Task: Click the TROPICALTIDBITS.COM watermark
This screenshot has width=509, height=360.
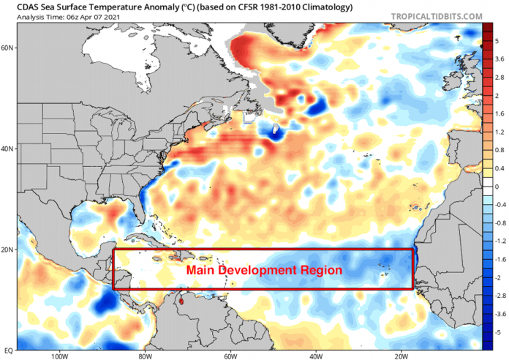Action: pyautogui.click(x=437, y=16)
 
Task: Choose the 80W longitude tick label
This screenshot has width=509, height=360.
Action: pyautogui.click(x=145, y=356)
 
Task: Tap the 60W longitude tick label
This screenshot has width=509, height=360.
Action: pyautogui.click(x=230, y=356)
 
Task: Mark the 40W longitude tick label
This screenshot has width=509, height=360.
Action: pyautogui.click(x=316, y=356)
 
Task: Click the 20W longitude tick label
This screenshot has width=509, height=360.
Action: pyautogui.click(x=401, y=356)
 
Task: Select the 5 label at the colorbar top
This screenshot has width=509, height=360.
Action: pyautogui.click(x=497, y=41)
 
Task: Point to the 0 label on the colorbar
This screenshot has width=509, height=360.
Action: pyautogui.click(x=497, y=187)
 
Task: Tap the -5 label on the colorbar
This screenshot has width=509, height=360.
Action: pyautogui.click(x=498, y=332)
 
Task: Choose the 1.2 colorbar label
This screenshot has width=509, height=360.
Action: pyautogui.click(x=499, y=132)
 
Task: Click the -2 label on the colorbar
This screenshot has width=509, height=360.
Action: pyautogui.click(x=498, y=278)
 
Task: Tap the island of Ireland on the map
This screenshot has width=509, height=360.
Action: pyautogui.click(x=453, y=81)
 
